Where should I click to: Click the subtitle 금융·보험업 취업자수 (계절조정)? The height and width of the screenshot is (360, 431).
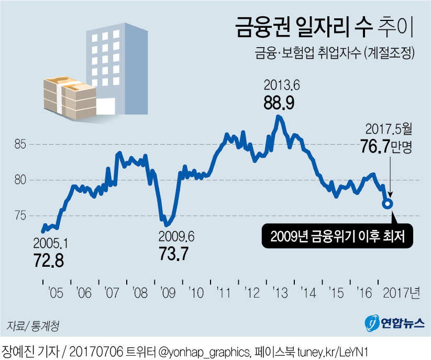point(335,54)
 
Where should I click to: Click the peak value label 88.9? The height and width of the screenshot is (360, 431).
point(279,103)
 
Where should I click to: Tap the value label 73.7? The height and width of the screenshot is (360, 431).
point(173,254)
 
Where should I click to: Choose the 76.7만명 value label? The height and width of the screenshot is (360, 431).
point(386,146)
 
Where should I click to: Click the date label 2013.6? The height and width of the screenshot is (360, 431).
point(279,85)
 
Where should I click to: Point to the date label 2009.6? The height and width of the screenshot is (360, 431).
point(176,237)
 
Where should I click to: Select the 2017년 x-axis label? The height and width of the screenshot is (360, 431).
point(400,292)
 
